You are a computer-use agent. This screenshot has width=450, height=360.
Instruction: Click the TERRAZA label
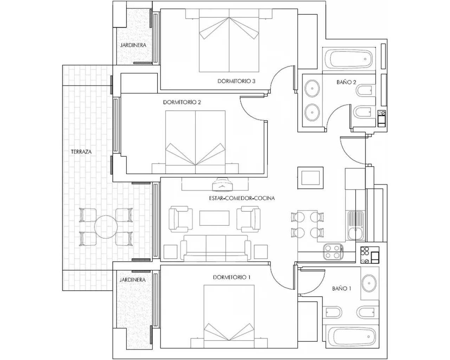coord(81,152)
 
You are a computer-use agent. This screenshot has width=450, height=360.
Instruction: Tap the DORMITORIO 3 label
coord(236,81)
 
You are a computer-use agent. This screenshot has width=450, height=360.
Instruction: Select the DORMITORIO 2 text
coord(182,102)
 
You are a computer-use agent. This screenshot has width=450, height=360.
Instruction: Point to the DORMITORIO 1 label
coord(232,277)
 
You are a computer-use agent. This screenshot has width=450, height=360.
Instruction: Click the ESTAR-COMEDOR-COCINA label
coord(242,198)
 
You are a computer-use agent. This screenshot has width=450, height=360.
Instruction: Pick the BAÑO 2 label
coord(346,82)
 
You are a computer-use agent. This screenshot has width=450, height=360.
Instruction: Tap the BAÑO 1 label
coord(342,289)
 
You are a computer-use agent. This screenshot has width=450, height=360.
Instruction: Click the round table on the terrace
coord(106,227)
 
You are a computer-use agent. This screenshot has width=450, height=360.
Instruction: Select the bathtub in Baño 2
coord(349,59)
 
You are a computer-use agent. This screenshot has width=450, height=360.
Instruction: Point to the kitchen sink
coord(356,226)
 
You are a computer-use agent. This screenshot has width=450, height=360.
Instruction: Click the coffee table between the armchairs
coord(214,218)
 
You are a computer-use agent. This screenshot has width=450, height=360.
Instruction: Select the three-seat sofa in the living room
coord(216,248)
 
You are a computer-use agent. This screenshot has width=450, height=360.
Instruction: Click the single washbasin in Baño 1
coord(369,283)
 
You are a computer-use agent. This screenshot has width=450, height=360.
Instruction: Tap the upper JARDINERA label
coord(133,45)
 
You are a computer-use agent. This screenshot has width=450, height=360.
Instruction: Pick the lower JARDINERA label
coord(133,280)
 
